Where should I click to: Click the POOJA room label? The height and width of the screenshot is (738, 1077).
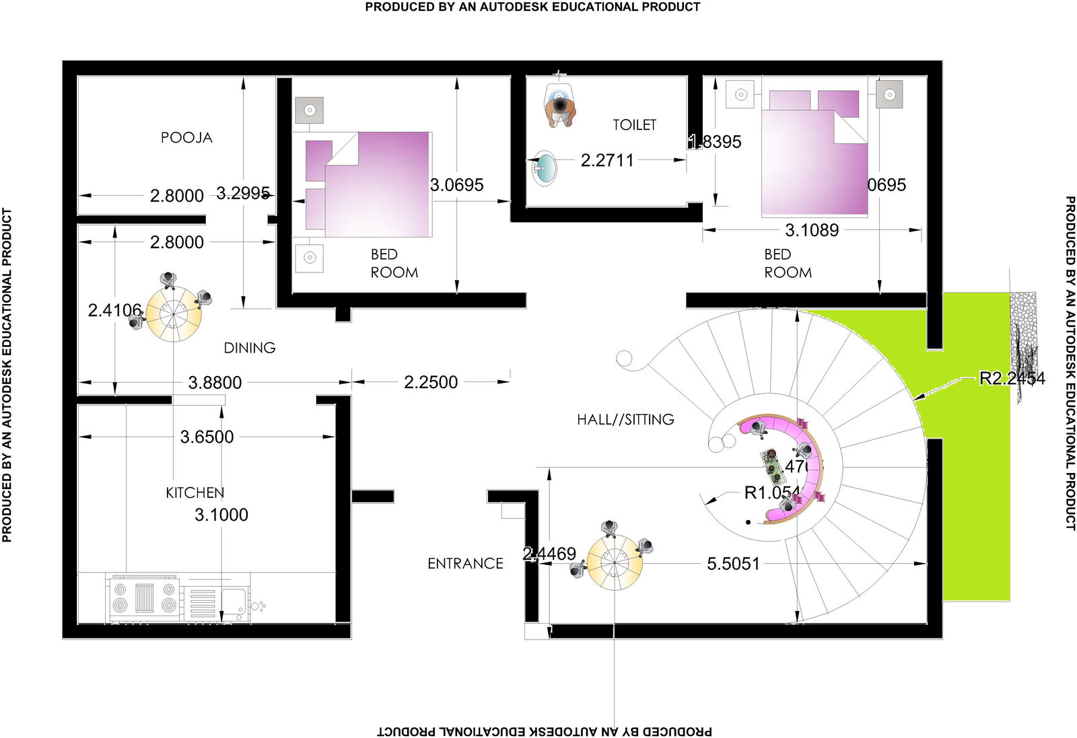[x=186, y=138]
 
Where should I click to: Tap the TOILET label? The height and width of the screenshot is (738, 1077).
[x=634, y=125]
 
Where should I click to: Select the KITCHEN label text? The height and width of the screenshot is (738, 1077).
[x=195, y=493]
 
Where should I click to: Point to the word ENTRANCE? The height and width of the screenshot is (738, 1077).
[x=465, y=564]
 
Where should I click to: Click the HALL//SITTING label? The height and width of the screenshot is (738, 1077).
[x=625, y=420]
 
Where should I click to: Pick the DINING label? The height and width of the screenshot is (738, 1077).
[x=250, y=348]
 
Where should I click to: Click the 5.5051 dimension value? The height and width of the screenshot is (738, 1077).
[x=733, y=564]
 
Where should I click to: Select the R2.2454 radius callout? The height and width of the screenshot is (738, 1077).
[x=1012, y=378]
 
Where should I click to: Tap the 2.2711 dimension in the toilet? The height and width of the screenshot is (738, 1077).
[x=607, y=160]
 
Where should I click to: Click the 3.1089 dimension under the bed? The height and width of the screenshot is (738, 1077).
[x=812, y=230]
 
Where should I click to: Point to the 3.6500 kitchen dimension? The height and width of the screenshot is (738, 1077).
[x=207, y=437]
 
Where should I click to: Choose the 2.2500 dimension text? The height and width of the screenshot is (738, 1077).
[x=431, y=382]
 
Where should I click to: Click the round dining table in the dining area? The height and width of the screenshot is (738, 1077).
[x=174, y=313]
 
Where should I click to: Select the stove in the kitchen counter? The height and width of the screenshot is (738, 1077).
[x=144, y=598]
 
